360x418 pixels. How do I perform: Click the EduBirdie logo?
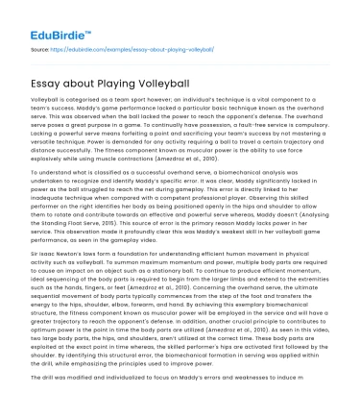(x=45, y=20)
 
